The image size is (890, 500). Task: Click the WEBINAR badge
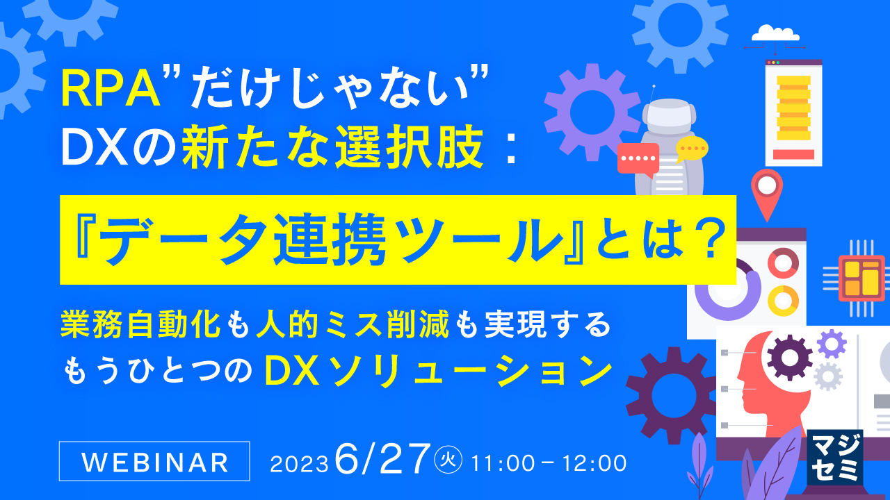154,461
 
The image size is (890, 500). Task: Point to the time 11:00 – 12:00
549,462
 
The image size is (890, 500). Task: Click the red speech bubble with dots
637,159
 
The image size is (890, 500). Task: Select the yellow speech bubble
692,147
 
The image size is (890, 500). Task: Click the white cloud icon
774,33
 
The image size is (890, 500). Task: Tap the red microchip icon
861,277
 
